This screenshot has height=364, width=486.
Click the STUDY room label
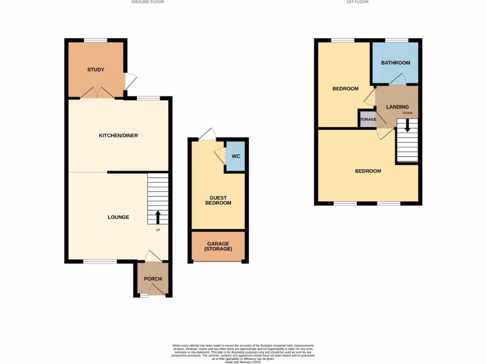95,70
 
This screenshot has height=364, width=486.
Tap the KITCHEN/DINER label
118,136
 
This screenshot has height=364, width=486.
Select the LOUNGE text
118,217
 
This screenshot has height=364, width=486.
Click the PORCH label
153,279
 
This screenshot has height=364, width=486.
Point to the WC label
235,156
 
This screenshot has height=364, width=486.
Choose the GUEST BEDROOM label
218,200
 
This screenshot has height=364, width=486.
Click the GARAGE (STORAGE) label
218,246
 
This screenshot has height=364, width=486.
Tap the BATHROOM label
395,63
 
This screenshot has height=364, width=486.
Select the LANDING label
397,107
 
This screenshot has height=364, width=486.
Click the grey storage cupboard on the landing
367,119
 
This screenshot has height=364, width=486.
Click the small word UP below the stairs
158,230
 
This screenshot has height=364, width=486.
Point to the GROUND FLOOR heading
148,2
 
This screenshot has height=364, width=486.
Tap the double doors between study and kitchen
97,93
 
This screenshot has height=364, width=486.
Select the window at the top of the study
95,40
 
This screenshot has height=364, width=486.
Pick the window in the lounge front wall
100,261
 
